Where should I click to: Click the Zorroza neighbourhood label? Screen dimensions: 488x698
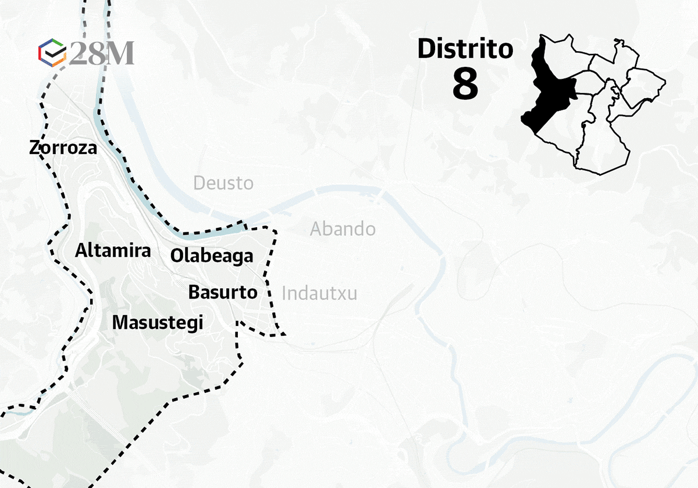coord(63,148)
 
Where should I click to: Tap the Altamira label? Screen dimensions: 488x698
coord(113,251)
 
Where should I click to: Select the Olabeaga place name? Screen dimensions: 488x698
coord(212,256)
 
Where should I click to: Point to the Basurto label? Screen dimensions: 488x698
coord(222,292)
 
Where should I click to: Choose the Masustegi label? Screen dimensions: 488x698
coord(158,322)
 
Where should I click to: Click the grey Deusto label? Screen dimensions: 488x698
coord(223,184)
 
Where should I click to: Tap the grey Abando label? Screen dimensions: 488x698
coord(343,229)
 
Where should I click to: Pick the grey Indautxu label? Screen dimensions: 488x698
coord(319,293)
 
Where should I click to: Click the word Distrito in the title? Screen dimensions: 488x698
coord(465,49)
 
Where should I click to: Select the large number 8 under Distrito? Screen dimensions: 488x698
coord(465,85)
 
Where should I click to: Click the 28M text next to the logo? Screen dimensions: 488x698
coord(102,53)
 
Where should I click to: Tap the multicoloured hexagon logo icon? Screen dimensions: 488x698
coord(52,53)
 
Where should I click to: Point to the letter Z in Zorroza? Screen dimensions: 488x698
coord(34,148)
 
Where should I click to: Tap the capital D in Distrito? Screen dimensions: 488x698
coord(426,49)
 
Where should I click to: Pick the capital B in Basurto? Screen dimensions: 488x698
coord(194,292)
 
